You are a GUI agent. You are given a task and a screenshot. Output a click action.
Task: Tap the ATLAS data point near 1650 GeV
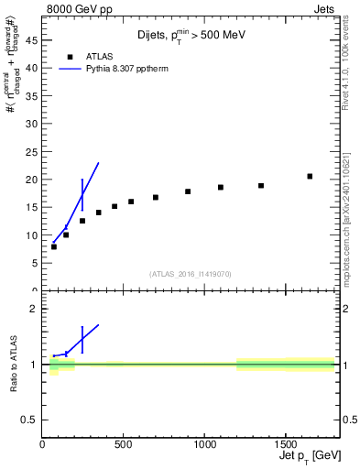click(x=310, y=176)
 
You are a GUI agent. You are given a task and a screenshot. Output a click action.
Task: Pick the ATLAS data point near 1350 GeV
click(x=261, y=186)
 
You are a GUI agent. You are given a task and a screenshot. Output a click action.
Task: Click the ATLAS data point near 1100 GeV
click(x=221, y=187)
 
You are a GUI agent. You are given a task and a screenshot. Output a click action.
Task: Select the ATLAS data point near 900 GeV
click(x=188, y=191)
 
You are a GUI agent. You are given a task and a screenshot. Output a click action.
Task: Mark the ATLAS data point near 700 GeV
click(x=156, y=197)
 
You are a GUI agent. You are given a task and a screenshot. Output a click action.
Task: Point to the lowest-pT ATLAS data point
click(x=54, y=246)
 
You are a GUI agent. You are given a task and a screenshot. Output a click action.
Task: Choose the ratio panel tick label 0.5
click(x=29, y=420)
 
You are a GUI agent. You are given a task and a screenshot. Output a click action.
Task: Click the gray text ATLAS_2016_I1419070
click(x=191, y=273)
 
